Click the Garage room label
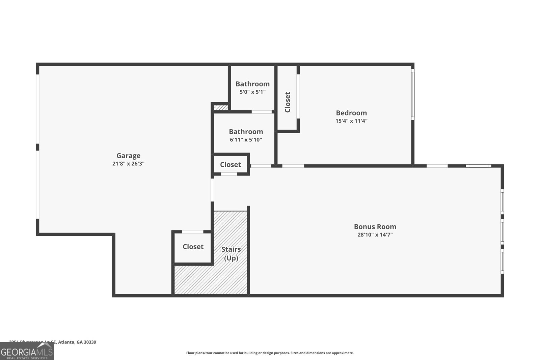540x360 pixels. tap(128, 156)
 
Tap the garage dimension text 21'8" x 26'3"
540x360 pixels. tap(128, 164)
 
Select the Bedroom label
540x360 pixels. tap(351, 113)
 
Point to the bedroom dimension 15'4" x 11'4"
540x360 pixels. tap(351, 121)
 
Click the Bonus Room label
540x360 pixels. tap(375, 227)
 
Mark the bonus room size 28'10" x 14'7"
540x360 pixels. tap(375, 235)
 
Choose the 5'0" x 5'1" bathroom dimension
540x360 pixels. tap(252, 92)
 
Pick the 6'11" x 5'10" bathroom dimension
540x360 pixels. tap(246, 140)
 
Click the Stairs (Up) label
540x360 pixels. tap(231, 253)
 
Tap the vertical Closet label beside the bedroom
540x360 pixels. tap(288, 102)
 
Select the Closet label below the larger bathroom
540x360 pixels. tap(230, 165)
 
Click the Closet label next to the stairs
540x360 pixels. tap(193, 247)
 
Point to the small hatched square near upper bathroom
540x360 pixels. tap(221, 108)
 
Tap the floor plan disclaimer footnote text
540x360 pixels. tap(270, 353)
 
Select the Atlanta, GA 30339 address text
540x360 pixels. tap(77, 342)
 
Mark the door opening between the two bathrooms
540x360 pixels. tap(262, 112)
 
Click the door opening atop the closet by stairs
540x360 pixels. tap(192, 232)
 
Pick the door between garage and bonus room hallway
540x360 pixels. tap(212, 190)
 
